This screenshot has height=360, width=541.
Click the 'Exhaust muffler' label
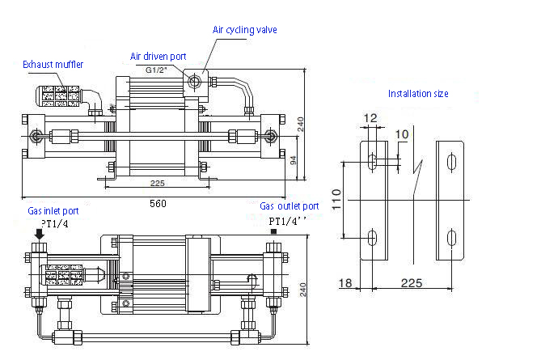click(x=53, y=64)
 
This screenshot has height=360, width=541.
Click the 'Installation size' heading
click(x=417, y=94)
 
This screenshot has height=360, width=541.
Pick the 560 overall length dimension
click(x=158, y=204)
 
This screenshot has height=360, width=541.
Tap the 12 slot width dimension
click(x=370, y=119)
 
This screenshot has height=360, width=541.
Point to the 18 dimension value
click(x=346, y=283)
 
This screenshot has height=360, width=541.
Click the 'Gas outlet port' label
click(x=289, y=206)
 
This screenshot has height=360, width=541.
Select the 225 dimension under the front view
click(x=158, y=183)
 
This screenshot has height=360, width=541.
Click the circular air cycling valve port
click(x=193, y=80)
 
